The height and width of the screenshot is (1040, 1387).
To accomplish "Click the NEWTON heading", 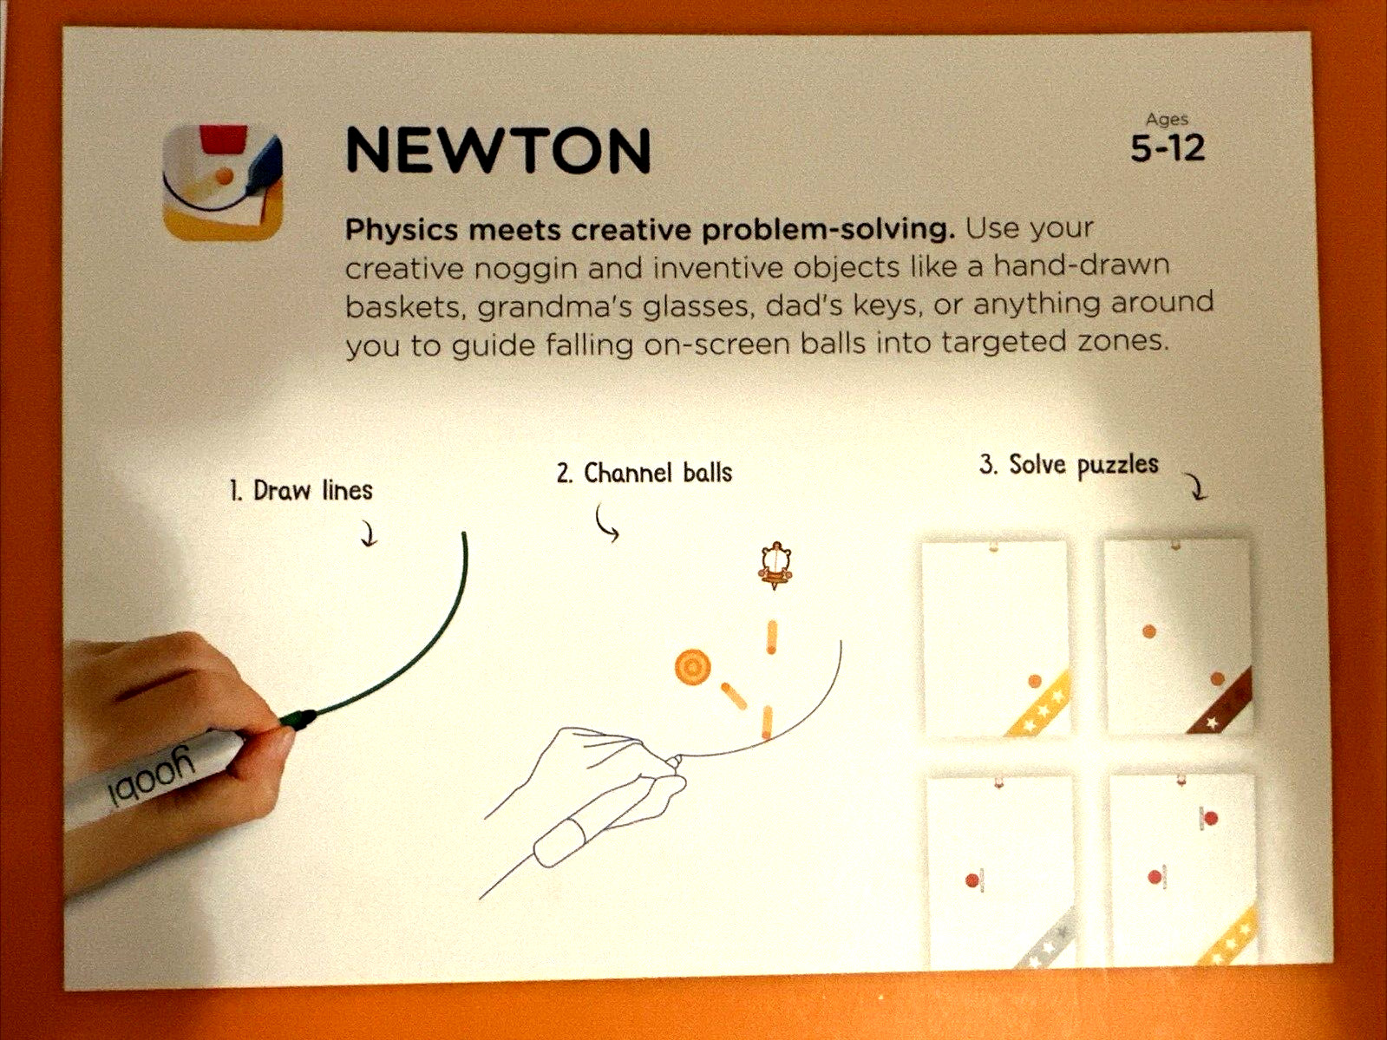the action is coord(498,150).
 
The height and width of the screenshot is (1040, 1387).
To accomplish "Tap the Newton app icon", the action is coord(222,182).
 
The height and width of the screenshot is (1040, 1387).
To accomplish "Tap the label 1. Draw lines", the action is coord(301,490).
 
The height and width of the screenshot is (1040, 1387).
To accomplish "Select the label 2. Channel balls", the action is coord(644,473).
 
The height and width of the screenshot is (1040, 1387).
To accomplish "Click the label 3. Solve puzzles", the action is coord(1069,465).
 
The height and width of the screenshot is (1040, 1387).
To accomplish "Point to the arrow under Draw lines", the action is coord(369,533).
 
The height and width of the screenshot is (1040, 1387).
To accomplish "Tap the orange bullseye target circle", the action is coord(692,667).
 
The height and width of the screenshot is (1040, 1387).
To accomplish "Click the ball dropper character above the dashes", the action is coord(775,566).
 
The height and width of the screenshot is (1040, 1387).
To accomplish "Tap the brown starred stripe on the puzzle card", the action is coord(1220,702).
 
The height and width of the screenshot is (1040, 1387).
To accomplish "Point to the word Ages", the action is coord(1167,120).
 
